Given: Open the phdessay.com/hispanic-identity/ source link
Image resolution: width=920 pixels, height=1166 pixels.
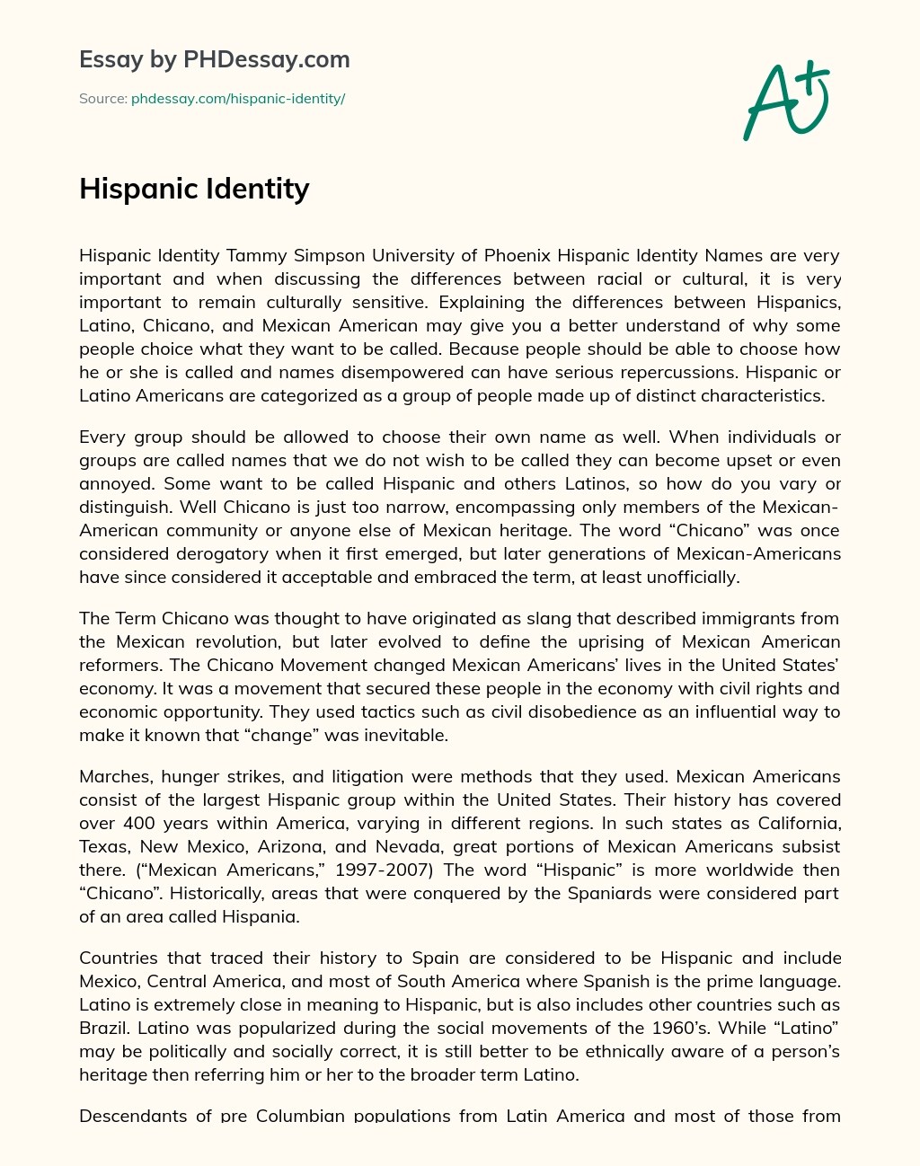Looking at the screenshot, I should click(238, 99).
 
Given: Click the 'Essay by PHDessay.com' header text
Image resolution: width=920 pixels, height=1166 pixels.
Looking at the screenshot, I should click(214, 59).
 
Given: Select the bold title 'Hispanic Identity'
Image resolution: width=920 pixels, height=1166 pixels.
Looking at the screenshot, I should click(194, 189).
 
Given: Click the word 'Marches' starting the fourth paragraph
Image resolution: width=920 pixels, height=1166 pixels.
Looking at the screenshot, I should click(111, 776).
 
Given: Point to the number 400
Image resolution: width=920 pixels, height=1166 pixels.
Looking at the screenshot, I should click(137, 823).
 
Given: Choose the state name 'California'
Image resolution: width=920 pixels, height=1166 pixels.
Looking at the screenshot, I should click(790, 823).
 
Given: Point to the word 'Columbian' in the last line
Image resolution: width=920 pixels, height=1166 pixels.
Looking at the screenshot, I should click(300, 1116).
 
